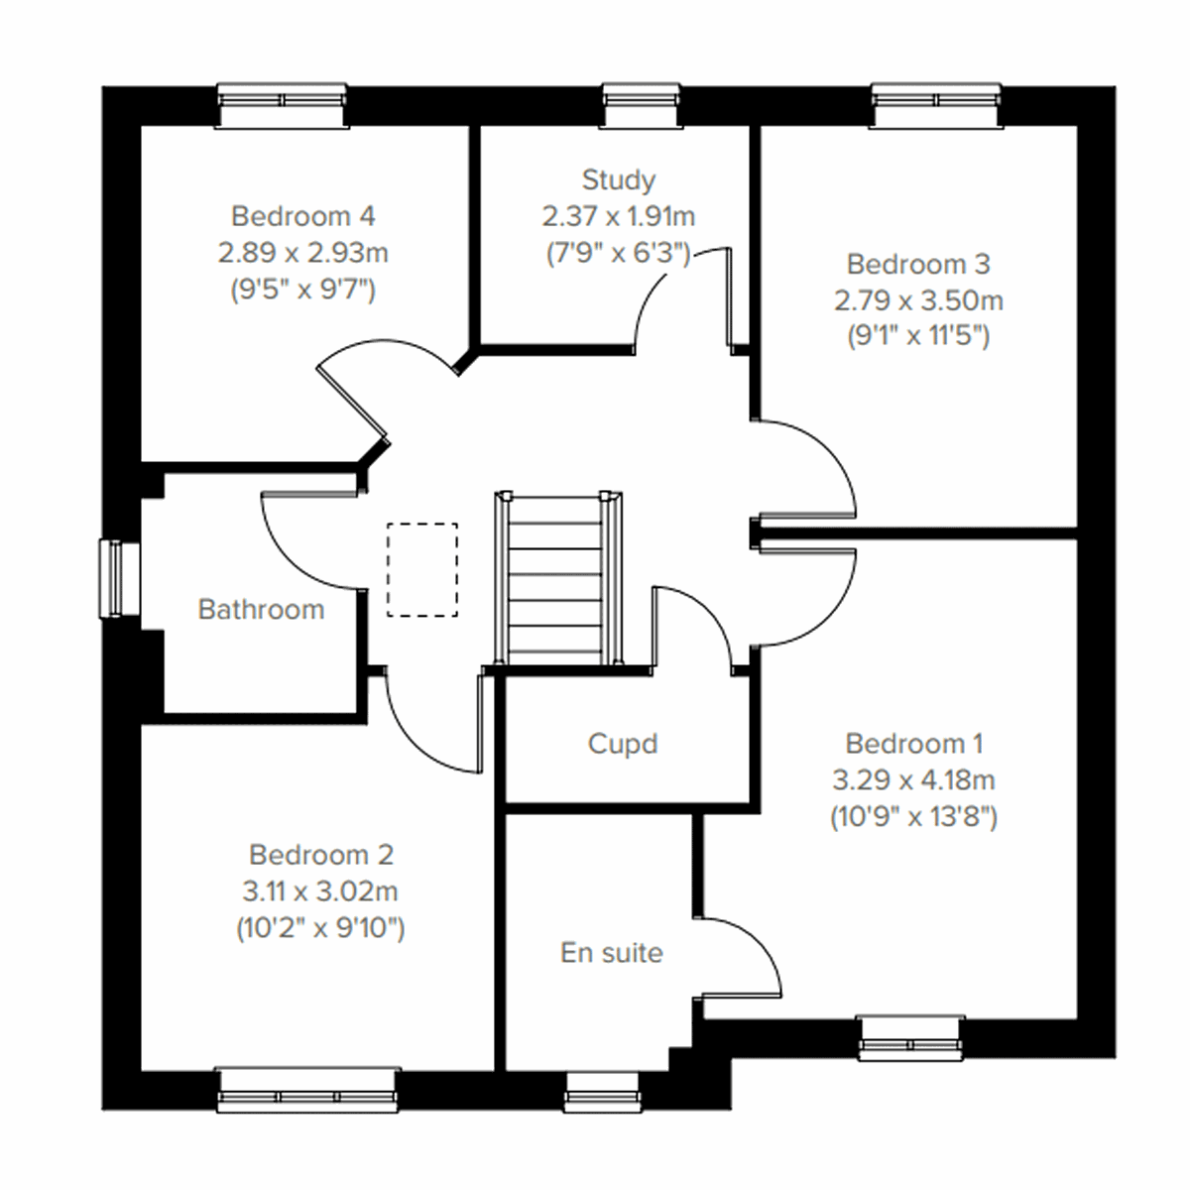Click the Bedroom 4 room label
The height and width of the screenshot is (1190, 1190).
coord(302,215)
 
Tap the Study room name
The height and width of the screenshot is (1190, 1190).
coord(618,179)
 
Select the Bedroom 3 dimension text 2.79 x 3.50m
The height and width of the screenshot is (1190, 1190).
coord(917,299)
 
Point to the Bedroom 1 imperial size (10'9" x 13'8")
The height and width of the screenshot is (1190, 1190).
coord(913,816)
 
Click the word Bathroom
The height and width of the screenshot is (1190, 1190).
coord(261,609)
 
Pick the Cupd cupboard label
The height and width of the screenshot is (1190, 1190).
coord(622,744)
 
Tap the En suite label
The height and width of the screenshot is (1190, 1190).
coord(611,953)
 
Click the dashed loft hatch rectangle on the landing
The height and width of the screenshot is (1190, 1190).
coord(422,569)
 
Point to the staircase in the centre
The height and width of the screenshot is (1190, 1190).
coord(559,580)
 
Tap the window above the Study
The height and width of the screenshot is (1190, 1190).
coord(643,104)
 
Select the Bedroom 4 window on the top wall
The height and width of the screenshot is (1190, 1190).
coord(283,104)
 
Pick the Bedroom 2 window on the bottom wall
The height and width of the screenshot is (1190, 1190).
coord(307,1089)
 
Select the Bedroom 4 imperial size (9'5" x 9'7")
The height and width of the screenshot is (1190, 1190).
coord(302,289)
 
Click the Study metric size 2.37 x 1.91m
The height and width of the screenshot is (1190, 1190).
coord(618,216)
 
